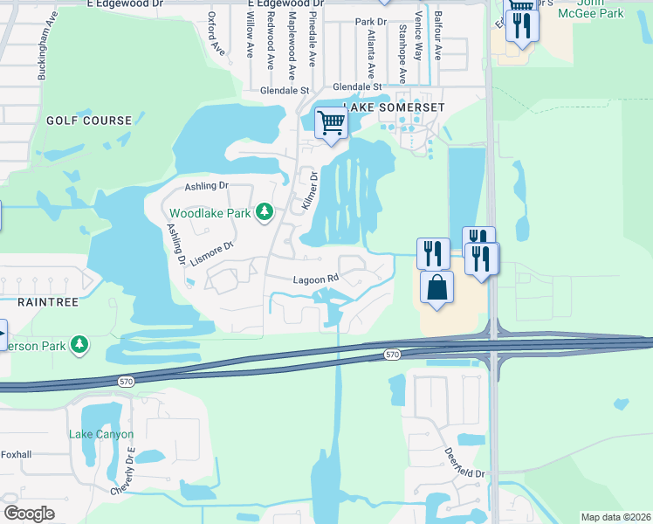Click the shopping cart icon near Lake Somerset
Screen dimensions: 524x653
[331, 122]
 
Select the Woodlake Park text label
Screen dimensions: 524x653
[210, 213]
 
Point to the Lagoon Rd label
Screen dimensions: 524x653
[315, 279]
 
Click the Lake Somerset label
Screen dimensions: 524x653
[396, 107]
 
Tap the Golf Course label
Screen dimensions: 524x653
[89, 121]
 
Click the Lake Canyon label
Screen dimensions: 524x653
[101, 434]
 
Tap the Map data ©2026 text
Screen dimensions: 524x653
[615, 517]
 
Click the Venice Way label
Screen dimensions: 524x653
[419, 41]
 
